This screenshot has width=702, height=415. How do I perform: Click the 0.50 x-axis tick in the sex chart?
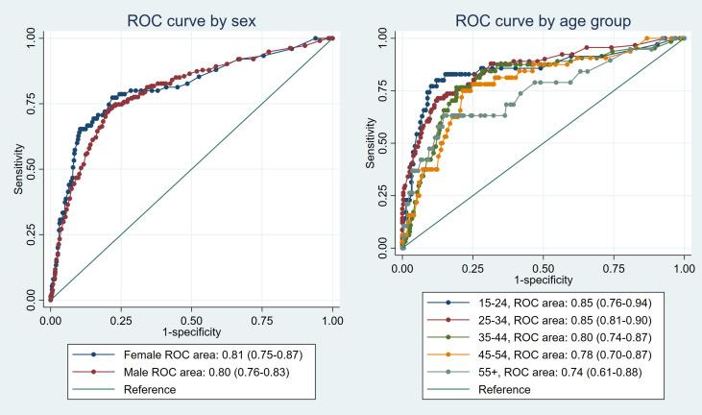pyautogui.click(x=191, y=315)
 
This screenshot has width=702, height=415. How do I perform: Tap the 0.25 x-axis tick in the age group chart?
pyautogui.click(x=473, y=260)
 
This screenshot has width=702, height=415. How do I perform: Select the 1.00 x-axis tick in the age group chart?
pyautogui.click(x=684, y=260)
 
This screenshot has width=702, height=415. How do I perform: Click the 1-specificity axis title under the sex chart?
pyautogui.click(x=191, y=328)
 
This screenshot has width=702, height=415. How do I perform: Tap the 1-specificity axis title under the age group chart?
pyautogui.click(x=544, y=273)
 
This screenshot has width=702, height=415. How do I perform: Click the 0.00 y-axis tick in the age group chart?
pyautogui.click(x=384, y=247)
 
